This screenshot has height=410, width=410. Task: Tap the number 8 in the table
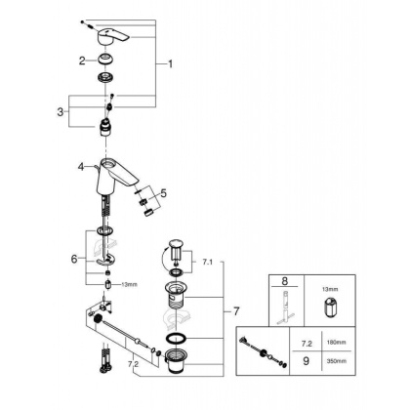[x=286, y=282]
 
